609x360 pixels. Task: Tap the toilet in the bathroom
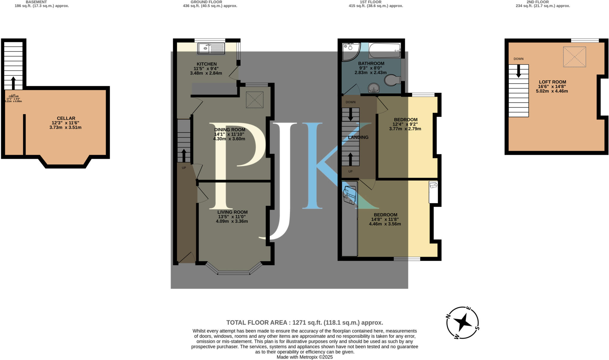pyautogui.click(x=392, y=80)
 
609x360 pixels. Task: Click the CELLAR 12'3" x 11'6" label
pyautogui.click(x=66, y=123)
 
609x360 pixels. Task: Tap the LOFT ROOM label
pyautogui.click(x=552, y=86)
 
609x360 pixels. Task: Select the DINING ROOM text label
pyautogui.click(x=230, y=130)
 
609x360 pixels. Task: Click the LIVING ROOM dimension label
pyautogui.click(x=232, y=217)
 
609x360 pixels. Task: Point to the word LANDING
pyautogui.click(x=358, y=137)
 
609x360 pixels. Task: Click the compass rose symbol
pyautogui.click(x=462, y=323)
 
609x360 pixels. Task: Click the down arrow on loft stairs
pyautogui.click(x=519, y=71)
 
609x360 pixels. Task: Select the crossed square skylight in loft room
pyautogui.click(x=574, y=56)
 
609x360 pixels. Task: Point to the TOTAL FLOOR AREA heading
pyautogui.click(x=304, y=323)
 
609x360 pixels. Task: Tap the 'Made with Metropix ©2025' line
pyautogui.click(x=304, y=357)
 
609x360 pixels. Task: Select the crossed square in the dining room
pyautogui.click(x=255, y=100)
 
